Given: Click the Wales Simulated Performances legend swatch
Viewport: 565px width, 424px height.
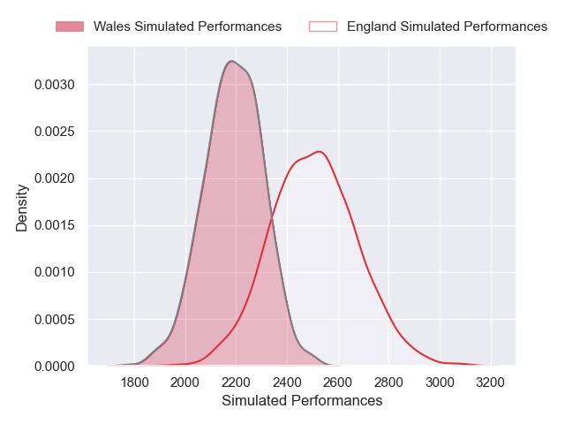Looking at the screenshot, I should point(70,26).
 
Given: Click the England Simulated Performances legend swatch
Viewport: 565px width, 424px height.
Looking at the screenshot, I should point(323,26).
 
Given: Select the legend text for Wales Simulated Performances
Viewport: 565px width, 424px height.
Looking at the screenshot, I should point(187,26).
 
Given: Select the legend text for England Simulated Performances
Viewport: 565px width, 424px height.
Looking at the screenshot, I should point(447,26).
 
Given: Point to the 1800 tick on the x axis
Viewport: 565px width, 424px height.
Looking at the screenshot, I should point(134,383).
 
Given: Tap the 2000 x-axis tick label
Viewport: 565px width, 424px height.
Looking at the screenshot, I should point(185,383).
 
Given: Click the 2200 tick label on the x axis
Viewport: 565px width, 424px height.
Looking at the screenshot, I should point(237,383).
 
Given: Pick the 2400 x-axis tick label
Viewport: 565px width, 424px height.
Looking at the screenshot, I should point(288,383).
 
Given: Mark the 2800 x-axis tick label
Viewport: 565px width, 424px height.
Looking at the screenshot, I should point(389,383).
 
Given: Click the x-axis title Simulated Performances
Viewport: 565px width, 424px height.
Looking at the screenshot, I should point(302,401).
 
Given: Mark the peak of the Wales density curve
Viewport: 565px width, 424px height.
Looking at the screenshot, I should point(231,61).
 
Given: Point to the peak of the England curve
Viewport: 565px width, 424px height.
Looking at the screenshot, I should point(319,151).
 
